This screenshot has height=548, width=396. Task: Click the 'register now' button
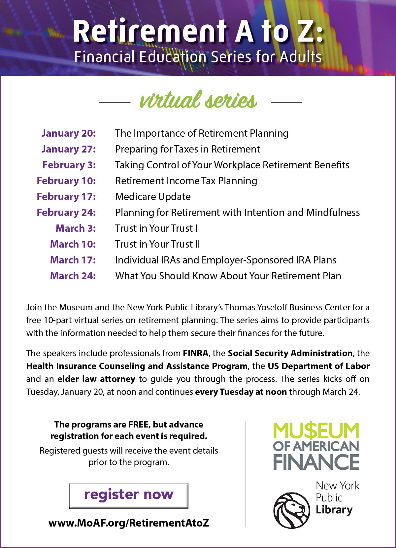point(129,495)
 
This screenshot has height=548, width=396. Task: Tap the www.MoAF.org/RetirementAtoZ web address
point(129,523)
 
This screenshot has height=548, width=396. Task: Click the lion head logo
point(291,510)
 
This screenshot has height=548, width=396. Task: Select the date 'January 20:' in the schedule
point(69,133)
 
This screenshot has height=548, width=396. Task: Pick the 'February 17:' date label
point(66,196)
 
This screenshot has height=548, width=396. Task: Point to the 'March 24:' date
point(73,276)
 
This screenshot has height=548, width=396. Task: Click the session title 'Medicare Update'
point(153,197)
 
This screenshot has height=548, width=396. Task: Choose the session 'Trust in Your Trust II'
point(157,244)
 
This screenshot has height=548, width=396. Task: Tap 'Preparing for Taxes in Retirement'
point(187,149)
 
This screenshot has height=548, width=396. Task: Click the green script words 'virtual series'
point(198,100)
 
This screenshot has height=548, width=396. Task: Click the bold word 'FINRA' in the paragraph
point(195,353)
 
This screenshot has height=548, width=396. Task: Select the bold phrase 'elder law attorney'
point(96,379)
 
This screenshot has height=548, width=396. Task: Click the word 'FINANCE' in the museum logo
point(316,462)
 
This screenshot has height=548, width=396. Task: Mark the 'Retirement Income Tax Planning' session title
point(186,181)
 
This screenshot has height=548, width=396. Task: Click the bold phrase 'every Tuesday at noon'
point(241,392)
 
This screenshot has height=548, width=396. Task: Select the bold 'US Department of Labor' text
point(318,366)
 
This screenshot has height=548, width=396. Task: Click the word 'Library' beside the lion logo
point(334,510)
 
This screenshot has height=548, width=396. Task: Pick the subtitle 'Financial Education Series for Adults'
point(198,57)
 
